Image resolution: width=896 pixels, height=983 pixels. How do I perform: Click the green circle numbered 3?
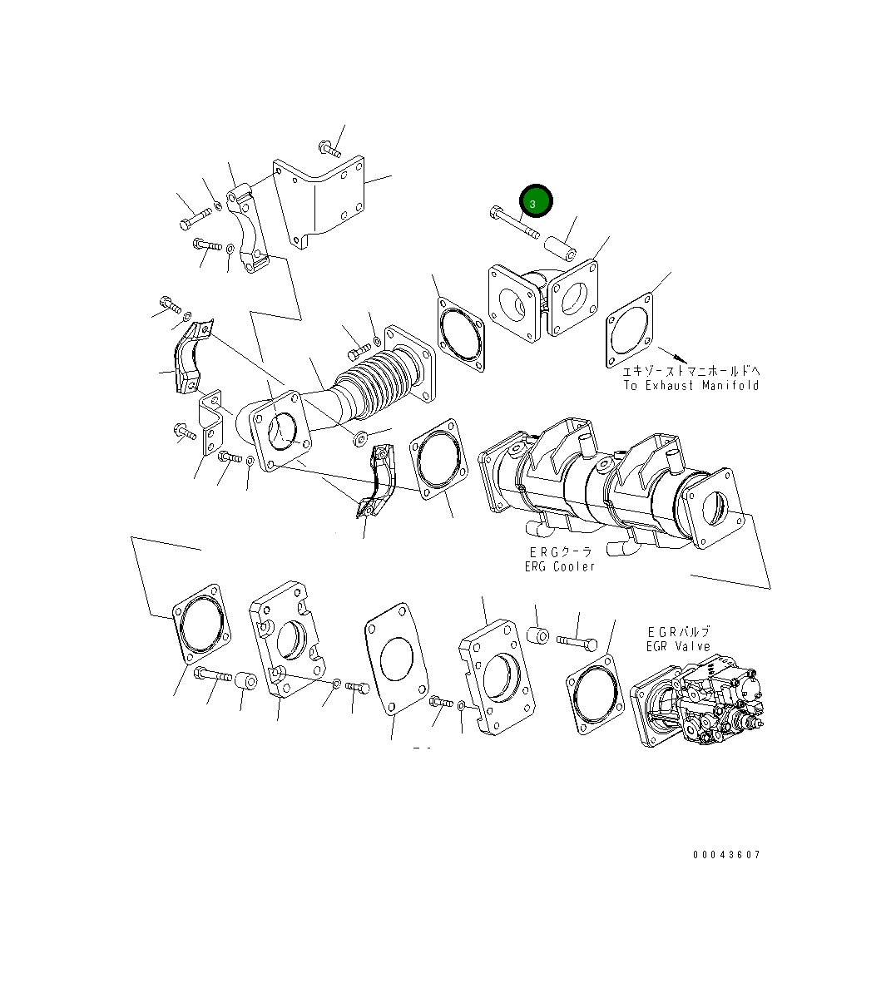[536, 201]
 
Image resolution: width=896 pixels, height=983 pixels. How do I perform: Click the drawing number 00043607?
[727, 854]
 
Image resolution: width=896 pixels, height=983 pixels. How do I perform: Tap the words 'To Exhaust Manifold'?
[691, 386]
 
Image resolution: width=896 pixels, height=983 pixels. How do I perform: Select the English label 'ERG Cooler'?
[559, 566]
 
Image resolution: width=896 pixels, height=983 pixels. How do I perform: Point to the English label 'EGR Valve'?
[678, 646]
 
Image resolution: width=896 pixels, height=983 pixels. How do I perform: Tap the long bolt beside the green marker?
[514, 223]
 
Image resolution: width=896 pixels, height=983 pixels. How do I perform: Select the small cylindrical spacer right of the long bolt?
[560, 248]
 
